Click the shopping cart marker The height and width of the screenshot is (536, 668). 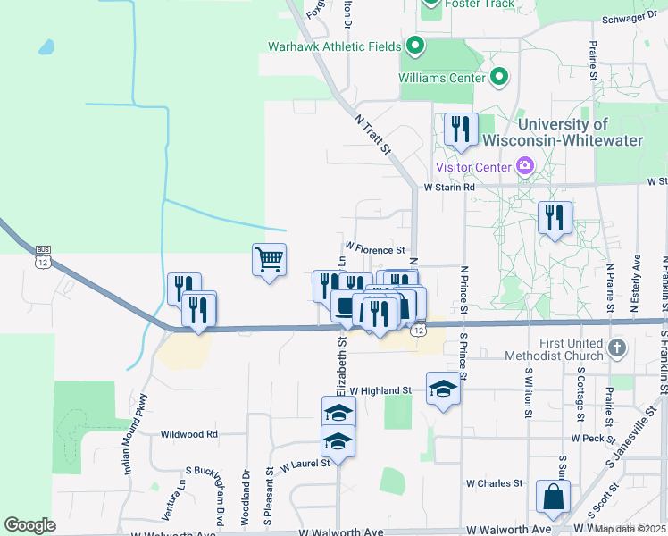click(x=269, y=260)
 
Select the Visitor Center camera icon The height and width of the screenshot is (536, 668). click(x=525, y=165)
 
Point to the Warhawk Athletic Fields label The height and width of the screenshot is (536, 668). click(x=336, y=46)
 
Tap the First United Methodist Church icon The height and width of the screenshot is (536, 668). click(x=615, y=348)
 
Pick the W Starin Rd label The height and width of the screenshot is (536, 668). click(x=450, y=188)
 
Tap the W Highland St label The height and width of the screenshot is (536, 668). click(x=380, y=390)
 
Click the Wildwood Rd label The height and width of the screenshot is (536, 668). click(x=189, y=434)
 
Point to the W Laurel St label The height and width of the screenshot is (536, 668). click(x=305, y=464)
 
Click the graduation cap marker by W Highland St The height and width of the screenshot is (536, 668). click(x=443, y=389)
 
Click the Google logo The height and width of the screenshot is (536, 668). click(x=29, y=524)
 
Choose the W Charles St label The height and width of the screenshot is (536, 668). click(x=494, y=483)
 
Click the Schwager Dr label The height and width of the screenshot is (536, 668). click(x=636, y=18)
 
